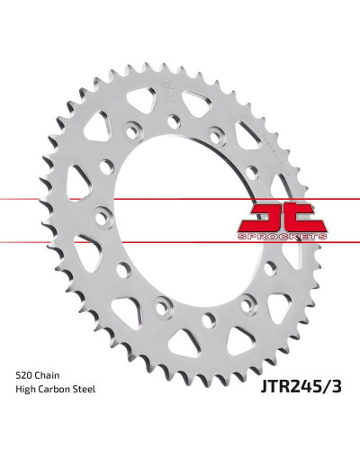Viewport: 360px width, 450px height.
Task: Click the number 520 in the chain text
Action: point(24,375)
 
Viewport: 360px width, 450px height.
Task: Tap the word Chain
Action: point(48,375)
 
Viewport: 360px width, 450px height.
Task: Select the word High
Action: point(24,390)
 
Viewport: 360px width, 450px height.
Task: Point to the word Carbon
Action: point(53,390)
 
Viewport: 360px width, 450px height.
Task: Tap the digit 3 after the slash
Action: point(336,386)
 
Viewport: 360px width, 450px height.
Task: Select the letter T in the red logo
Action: point(308,218)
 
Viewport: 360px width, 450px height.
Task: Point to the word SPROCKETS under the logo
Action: point(282,237)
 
